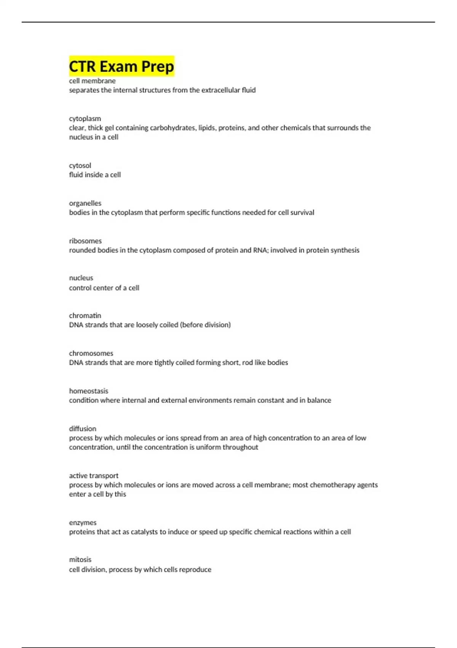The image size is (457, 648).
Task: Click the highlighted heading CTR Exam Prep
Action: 121,66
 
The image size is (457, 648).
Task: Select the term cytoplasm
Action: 85,119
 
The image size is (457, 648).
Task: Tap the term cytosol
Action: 80,165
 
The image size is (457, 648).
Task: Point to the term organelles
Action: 85,203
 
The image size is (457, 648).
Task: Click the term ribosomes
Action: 85,241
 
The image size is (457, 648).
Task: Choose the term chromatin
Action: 85,316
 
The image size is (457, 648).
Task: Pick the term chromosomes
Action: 91,353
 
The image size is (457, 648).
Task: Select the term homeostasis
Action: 88,391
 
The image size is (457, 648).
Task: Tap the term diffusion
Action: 83,429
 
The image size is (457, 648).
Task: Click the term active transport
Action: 94,476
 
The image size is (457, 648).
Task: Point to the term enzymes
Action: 83,523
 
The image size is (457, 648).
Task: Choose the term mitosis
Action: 80,560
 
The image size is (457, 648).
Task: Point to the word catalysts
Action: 144,532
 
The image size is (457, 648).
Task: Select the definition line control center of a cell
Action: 104,288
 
